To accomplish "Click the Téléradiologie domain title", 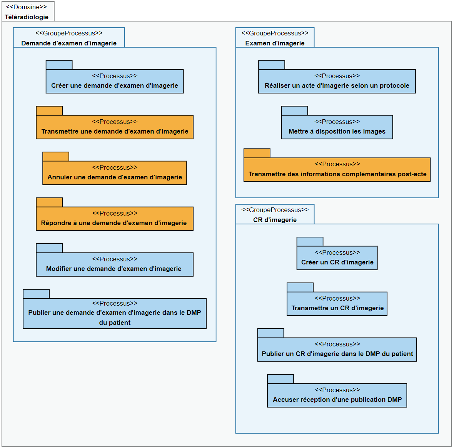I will click(27, 17).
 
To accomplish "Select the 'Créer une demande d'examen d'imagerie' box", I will click(115, 81).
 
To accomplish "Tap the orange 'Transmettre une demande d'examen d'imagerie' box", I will click(115, 127).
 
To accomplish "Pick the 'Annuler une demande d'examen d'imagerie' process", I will click(115, 173).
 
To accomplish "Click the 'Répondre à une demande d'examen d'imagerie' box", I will click(115, 219).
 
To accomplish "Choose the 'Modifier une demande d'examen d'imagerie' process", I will click(115, 264).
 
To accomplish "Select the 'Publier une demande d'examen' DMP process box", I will click(115, 313).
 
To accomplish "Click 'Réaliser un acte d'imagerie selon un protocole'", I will click(337, 81).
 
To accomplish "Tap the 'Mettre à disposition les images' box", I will click(337, 127).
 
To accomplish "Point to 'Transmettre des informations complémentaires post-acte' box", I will click(337, 169).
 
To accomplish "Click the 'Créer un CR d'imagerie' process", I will click(337, 258).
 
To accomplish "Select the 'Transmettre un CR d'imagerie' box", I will click(337, 304).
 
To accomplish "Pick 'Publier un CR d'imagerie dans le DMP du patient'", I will click(337, 349).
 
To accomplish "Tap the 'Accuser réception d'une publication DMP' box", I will click(337, 395).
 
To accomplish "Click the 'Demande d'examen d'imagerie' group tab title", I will click(69, 43).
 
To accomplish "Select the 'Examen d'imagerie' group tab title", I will click(275, 43).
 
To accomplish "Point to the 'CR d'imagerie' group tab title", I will click(275, 220).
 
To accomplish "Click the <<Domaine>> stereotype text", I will click(27, 7).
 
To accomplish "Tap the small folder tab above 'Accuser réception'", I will click(280, 379).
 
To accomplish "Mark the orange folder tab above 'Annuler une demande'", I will click(56, 157).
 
